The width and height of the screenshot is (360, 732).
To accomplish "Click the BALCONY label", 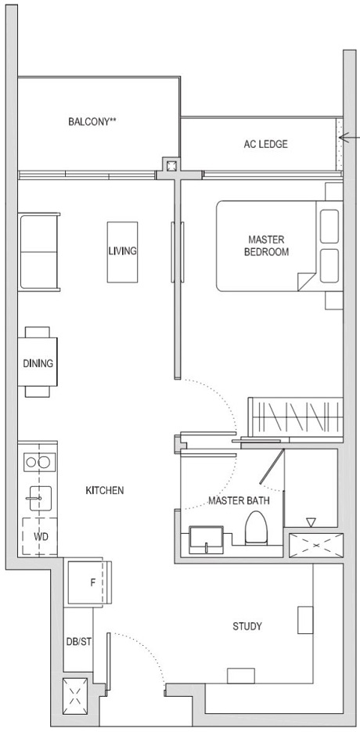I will pos(97,121).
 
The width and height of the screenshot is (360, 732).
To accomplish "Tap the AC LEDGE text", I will pos(266,144).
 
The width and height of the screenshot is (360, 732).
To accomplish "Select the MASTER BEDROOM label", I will pos(266,246).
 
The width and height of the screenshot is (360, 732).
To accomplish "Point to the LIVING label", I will pos(123,251).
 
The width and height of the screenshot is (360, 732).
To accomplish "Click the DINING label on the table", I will pos(38,363).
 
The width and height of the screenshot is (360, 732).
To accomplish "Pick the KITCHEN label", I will pos(105,491).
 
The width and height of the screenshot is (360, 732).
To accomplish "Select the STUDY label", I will pos(247,626).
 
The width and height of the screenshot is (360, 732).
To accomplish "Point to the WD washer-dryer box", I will pos(40,537).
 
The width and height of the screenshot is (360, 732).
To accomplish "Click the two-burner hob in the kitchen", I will pos(38,462).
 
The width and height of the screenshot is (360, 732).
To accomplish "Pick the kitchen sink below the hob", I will pos(38,495).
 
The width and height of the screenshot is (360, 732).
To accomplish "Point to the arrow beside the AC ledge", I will pos(349,139).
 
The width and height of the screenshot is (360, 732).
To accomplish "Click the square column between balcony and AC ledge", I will pos(170,165).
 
